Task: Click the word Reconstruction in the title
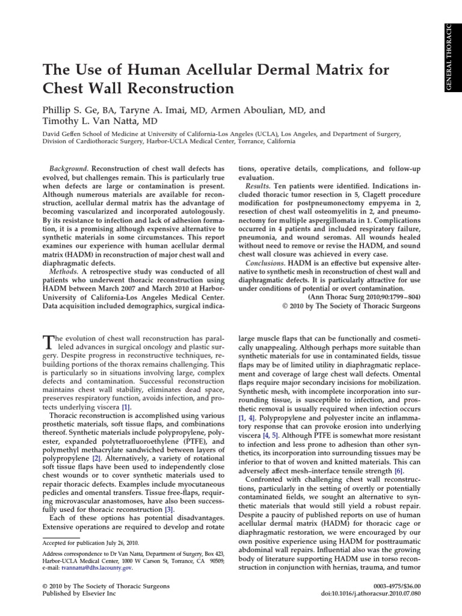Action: click(x=176, y=90)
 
